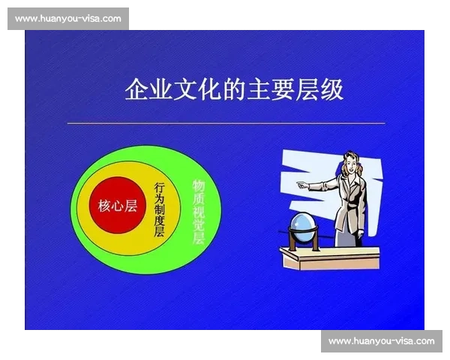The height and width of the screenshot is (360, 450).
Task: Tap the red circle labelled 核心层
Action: click(118, 205)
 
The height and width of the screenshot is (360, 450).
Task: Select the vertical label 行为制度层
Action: click(159, 208)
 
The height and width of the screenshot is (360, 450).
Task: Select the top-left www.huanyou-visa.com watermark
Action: click(68, 19)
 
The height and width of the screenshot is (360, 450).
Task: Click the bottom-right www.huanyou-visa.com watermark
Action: click(381, 341)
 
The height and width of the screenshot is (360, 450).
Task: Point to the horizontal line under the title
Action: click(226, 122)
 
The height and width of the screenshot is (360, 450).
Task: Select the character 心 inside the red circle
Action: click(118, 205)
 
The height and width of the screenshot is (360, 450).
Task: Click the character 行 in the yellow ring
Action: click(159, 185)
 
